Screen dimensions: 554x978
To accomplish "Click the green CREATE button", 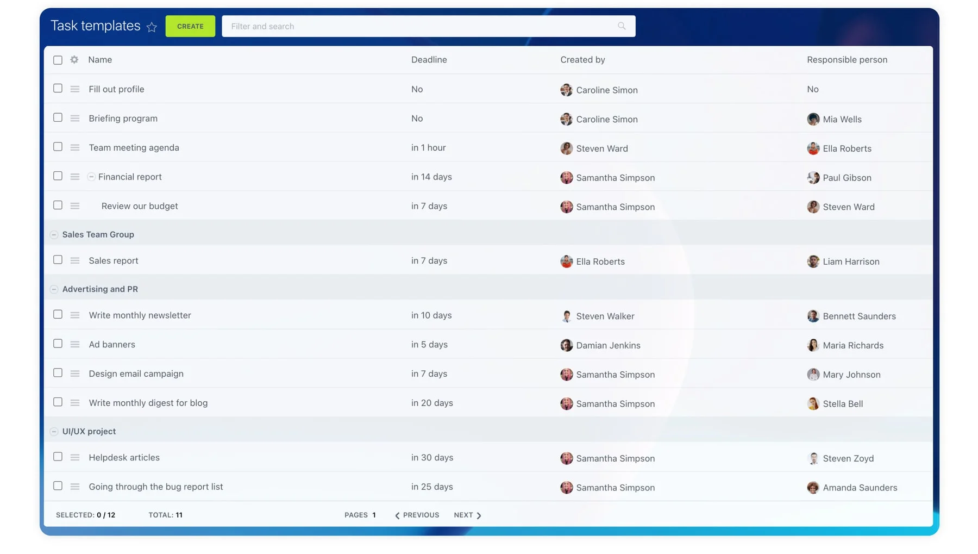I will pos(190,26).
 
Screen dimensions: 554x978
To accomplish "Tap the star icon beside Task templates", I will pos(152,27).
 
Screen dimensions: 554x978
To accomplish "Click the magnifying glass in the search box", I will pos(622,26).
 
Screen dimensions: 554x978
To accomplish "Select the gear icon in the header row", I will pos(74,60).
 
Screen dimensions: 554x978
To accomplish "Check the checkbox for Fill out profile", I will pos(58,89).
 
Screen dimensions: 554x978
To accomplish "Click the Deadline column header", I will pos(429,60).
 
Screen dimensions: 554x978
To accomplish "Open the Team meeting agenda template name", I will pos(134,148).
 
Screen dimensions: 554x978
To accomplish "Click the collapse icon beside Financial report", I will pos(91,177).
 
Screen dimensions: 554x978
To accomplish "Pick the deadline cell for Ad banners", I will pos(429,345).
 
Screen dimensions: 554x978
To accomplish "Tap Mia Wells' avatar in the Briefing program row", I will pos(813,119).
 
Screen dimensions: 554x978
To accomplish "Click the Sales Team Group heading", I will pos(98,234).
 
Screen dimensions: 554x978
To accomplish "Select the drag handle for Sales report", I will pos(75,261).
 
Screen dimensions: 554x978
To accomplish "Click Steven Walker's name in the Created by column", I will pos(605,316).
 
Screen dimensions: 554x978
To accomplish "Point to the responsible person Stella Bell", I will pos(842,404).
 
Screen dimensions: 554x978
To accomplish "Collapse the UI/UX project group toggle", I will pos(54,432).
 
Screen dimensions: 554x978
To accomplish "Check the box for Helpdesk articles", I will pos(58,457).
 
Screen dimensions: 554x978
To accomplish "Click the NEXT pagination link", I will pos(467,515).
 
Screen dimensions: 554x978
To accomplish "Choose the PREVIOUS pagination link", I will pos(417,515).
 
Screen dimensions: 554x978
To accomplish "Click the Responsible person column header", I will pos(847,60).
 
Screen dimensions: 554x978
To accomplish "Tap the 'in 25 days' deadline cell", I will pos(432,487).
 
